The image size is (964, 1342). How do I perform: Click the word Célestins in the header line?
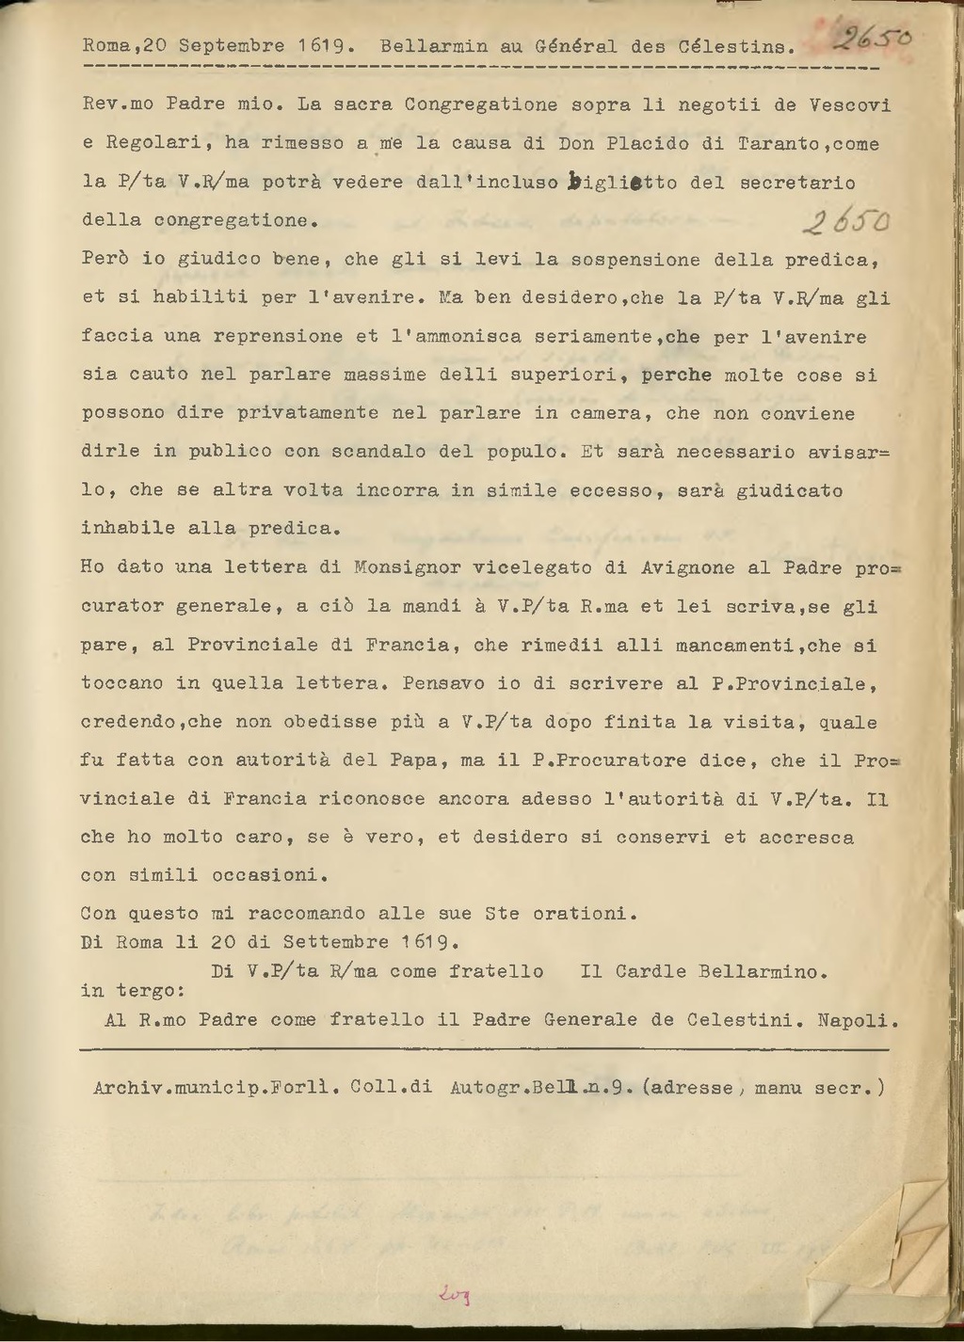pos(744,45)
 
